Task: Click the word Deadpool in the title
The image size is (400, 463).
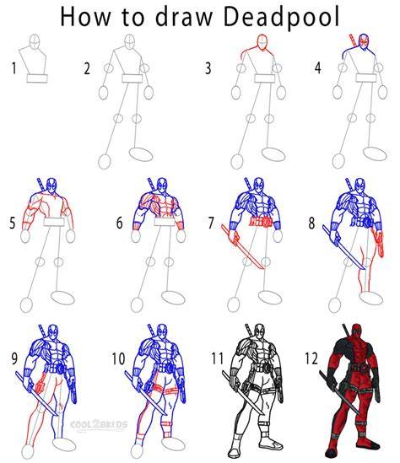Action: [281, 17]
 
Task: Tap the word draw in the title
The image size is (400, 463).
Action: [184, 17]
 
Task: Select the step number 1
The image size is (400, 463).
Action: [14, 68]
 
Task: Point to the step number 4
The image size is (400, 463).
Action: [317, 68]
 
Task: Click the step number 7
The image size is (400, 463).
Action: [210, 223]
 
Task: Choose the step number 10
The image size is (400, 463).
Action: [119, 358]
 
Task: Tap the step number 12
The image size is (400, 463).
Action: [311, 358]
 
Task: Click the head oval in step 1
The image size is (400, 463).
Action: [35, 42]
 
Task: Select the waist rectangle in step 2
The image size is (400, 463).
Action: [132, 78]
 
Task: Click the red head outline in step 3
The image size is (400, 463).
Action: [262, 43]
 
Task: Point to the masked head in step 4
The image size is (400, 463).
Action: [365, 42]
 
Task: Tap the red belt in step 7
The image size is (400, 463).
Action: [261, 222]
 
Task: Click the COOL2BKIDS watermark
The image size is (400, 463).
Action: [99, 425]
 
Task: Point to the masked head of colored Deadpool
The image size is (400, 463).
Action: [357, 331]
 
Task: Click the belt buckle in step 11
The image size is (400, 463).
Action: [268, 368]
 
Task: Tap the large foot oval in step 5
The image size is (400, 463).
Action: [62, 298]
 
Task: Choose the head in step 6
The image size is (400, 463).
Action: [161, 186]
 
